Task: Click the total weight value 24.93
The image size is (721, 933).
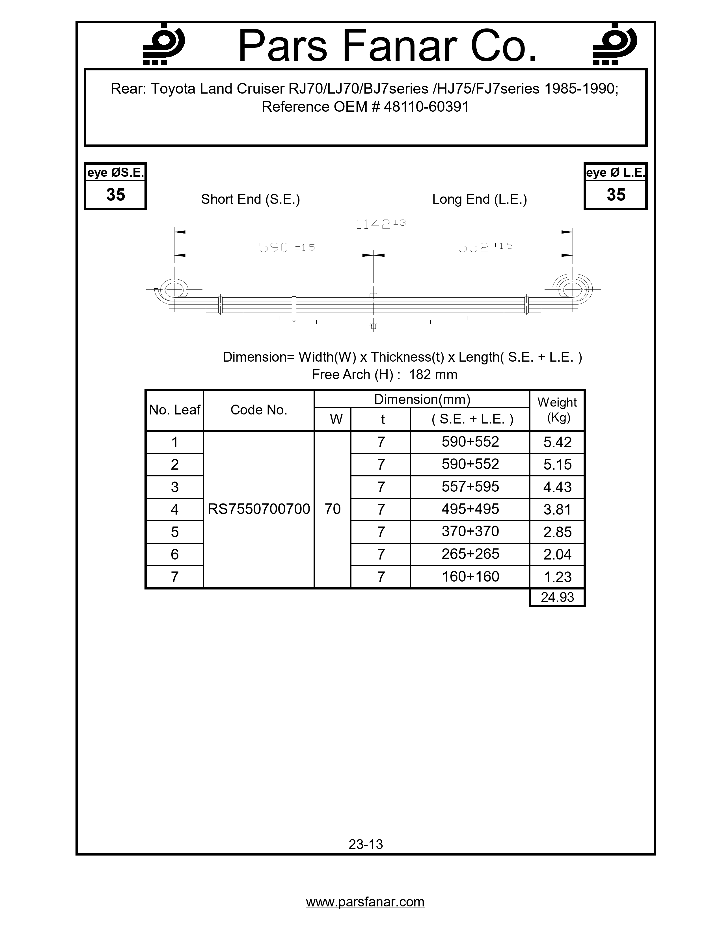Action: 557,597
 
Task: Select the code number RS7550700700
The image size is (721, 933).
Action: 258,509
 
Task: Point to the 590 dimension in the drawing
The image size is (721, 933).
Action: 274,247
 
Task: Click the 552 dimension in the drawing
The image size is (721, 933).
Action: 473,247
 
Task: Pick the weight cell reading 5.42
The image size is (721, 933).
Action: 557,442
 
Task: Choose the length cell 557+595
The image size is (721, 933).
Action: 470,487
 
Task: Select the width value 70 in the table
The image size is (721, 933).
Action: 332,509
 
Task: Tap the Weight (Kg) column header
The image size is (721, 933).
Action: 557,409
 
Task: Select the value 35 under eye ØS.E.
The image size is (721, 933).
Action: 115,195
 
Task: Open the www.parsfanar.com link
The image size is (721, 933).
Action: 365,902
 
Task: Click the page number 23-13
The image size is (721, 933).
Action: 366,844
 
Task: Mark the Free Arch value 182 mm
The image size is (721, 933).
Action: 433,375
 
